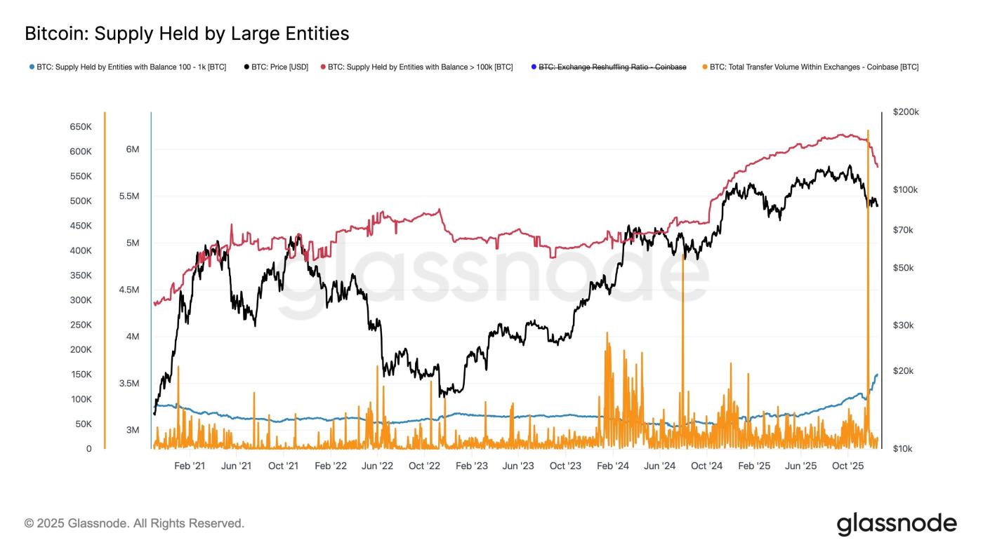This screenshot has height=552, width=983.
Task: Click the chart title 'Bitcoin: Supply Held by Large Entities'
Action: point(187,33)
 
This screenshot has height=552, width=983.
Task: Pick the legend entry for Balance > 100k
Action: point(420,67)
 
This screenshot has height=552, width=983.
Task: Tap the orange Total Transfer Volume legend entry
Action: point(813,67)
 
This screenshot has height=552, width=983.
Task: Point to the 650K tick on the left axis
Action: point(80,127)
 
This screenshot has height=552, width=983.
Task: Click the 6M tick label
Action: point(132,149)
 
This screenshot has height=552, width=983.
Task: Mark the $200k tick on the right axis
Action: point(906,112)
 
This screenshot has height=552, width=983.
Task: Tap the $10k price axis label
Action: point(903,449)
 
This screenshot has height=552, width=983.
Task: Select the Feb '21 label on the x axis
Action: point(190,466)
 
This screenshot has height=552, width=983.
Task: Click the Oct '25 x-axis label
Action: point(847,466)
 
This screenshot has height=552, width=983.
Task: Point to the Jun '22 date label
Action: point(377,466)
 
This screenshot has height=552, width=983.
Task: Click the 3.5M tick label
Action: point(128,384)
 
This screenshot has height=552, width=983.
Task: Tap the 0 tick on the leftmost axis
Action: point(88,449)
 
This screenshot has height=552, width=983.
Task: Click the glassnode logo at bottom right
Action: point(897,524)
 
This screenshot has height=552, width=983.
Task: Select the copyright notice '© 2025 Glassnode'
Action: point(134,523)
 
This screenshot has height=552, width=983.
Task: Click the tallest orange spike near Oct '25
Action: point(869,210)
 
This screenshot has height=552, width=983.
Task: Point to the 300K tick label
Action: point(80,300)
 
